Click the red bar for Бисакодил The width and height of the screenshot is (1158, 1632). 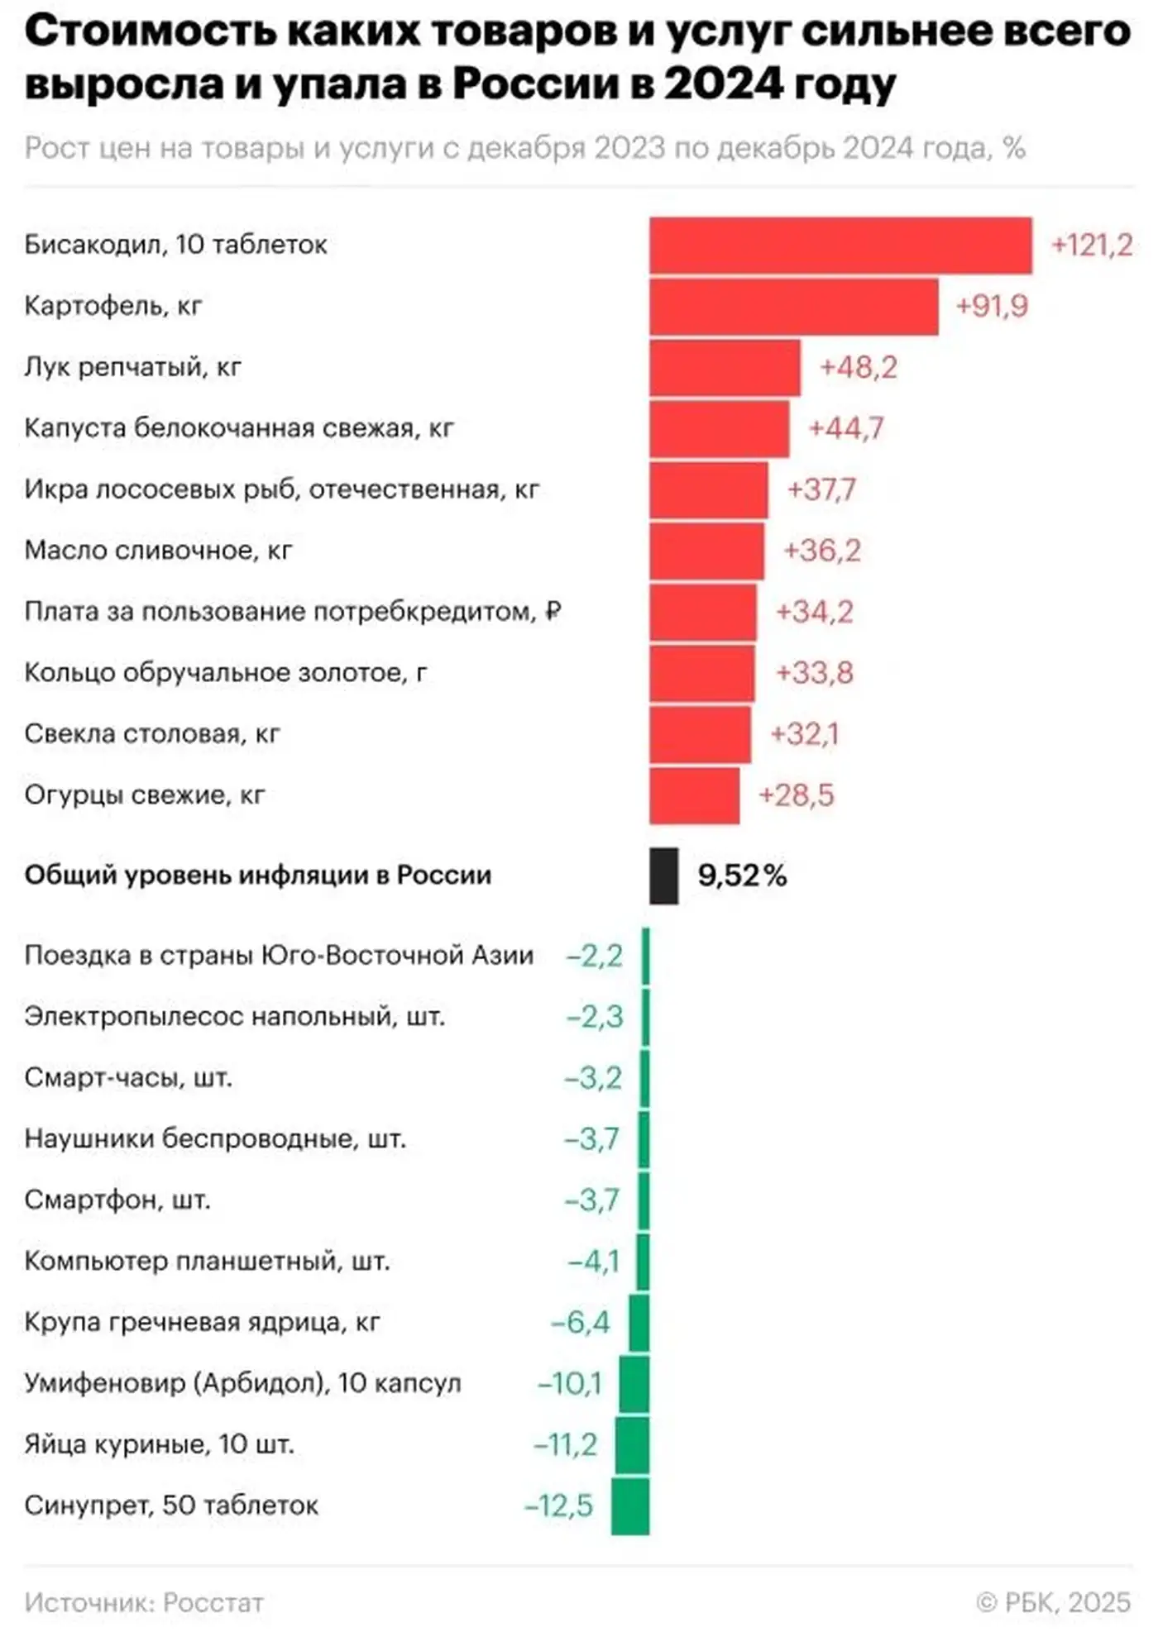click(x=840, y=246)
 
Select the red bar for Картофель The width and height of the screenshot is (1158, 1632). click(x=793, y=307)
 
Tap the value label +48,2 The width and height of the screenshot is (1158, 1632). click(x=858, y=367)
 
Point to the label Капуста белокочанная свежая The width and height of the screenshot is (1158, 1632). click(x=239, y=428)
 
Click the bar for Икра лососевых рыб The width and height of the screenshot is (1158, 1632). click(x=708, y=489)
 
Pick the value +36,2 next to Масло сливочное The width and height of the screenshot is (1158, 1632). click(x=821, y=551)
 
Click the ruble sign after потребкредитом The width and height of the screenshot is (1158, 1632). click(x=554, y=612)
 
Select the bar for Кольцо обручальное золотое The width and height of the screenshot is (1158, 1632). click(x=701, y=673)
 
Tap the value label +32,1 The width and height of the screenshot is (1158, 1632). click(x=804, y=734)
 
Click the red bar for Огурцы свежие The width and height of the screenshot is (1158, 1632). click(x=694, y=795)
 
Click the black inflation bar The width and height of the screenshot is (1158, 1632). click(x=663, y=876)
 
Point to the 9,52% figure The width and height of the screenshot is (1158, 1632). click(x=742, y=876)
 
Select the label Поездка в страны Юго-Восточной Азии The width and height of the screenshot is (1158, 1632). click(x=279, y=956)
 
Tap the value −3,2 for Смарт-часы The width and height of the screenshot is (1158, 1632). click(x=593, y=1078)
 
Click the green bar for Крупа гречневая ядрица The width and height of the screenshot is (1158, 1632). click(x=639, y=1323)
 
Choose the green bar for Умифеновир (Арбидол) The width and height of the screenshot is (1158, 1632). click(x=634, y=1384)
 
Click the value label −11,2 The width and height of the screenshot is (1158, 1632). click(x=566, y=1445)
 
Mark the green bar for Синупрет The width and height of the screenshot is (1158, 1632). click(x=630, y=1506)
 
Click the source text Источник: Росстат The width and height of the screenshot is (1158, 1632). click(x=144, y=1602)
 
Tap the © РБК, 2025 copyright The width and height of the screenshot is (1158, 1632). click(x=1053, y=1602)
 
